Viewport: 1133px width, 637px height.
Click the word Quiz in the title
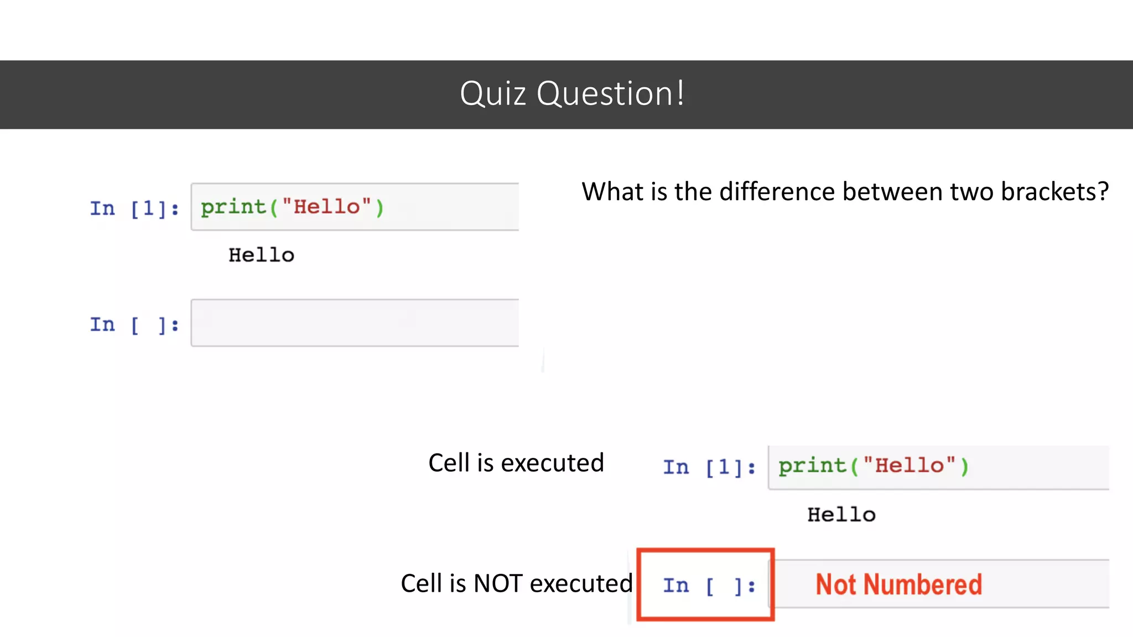[492, 93]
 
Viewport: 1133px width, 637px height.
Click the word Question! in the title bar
[611, 93]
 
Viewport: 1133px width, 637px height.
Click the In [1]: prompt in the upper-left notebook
[134, 208]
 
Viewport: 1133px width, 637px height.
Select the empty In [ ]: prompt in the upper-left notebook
[134, 325]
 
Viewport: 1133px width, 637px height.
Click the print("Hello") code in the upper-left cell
[292, 207]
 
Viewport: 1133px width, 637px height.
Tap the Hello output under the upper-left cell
[261, 255]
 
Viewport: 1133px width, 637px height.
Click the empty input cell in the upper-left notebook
[354, 323]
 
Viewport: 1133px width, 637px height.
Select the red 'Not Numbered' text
[898, 584]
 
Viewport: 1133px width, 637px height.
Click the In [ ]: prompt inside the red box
[709, 586]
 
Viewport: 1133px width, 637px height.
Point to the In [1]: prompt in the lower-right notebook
[709, 467]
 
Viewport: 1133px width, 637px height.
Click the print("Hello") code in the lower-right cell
[873, 466]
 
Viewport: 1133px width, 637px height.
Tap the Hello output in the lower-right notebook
[841, 515]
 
